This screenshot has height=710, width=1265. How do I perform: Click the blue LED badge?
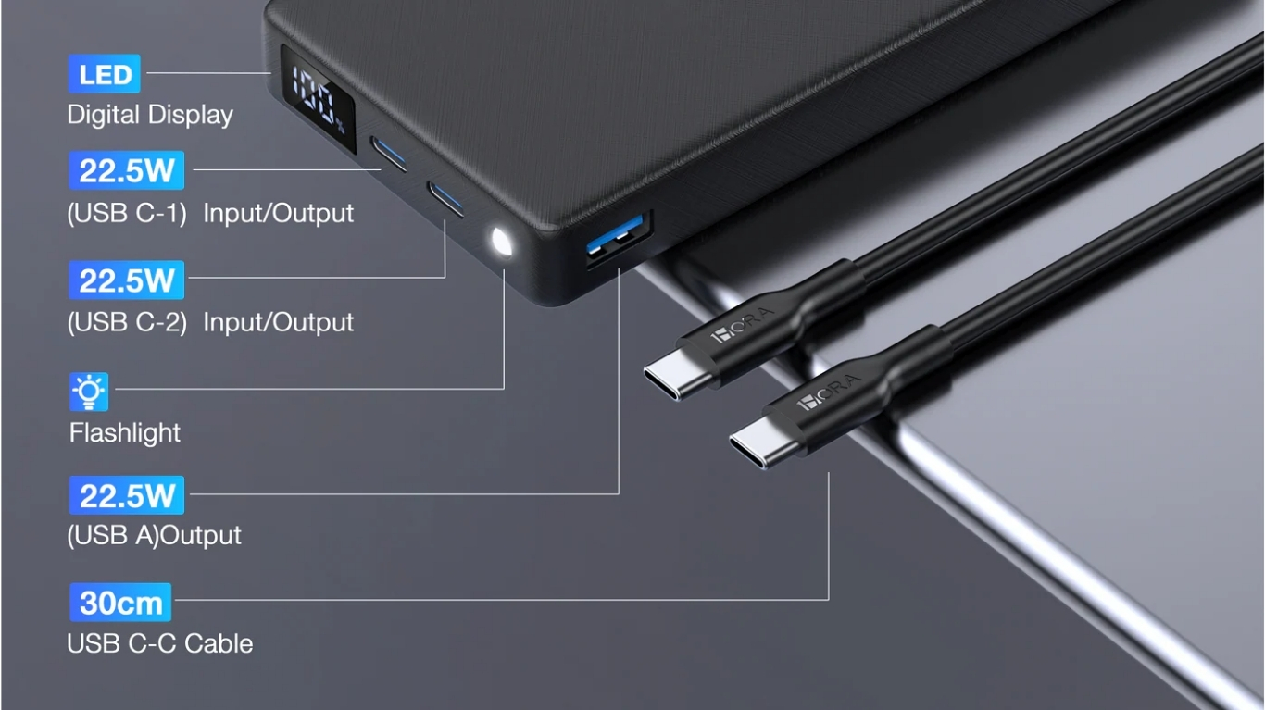pyautogui.click(x=104, y=73)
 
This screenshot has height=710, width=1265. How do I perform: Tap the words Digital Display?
pyautogui.click(x=150, y=115)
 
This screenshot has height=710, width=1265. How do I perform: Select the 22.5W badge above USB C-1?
pyautogui.click(x=127, y=170)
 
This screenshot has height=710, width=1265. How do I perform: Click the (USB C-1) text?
pyautogui.click(x=127, y=213)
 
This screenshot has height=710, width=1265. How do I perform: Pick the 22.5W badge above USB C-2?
pyautogui.click(x=127, y=280)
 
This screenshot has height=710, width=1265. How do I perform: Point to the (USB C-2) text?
pyautogui.click(x=127, y=322)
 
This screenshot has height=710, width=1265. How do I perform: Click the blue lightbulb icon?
pyautogui.click(x=89, y=392)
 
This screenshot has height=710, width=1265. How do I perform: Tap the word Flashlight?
pyautogui.click(x=124, y=433)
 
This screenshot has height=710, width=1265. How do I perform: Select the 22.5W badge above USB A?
pyautogui.click(x=127, y=495)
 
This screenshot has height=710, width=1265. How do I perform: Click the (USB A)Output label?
pyautogui.click(x=154, y=535)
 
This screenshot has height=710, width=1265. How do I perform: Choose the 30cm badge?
pyautogui.click(x=120, y=603)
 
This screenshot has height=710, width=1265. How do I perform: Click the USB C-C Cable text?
pyautogui.click(x=160, y=643)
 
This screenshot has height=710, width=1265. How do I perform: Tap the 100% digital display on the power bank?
pyautogui.click(x=318, y=100)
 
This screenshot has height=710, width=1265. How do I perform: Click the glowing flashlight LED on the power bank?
pyautogui.click(x=501, y=243)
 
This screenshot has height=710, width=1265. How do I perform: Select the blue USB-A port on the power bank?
pyautogui.click(x=618, y=237)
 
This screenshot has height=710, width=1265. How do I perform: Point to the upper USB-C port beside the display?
pyautogui.click(x=389, y=153)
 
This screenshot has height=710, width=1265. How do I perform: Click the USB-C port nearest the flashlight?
pyautogui.click(x=445, y=199)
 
